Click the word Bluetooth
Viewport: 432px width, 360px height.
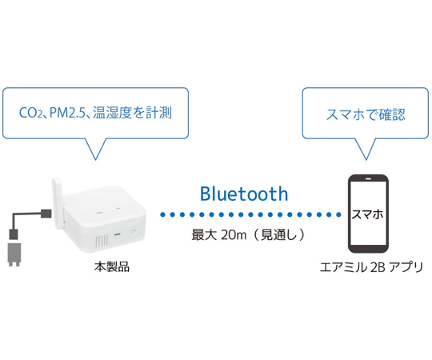click(x=244, y=194)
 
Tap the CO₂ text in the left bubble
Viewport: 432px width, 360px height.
click(x=30, y=113)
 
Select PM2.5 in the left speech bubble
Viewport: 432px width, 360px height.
click(x=68, y=113)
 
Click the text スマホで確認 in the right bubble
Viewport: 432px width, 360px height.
click(x=366, y=114)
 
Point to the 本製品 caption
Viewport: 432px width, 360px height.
click(x=111, y=267)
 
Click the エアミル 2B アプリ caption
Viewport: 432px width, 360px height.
click(x=371, y=267)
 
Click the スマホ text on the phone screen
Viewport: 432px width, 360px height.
click(x=367, y=214)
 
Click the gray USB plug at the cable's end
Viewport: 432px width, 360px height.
click(x=14, y=254)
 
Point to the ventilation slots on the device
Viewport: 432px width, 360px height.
click(x=102, y=242)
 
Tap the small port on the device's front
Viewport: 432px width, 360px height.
click(x=118, y=234)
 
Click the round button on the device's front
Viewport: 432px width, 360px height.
click(x=134, y=232)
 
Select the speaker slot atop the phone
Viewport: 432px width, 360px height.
click(x=368, y=178)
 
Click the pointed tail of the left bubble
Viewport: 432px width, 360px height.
click(x=95, y=160)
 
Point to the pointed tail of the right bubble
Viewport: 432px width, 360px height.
click(x=366, y=160)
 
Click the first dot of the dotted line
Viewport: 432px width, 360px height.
click(x=162, y=214)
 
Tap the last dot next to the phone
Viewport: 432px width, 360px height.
click(x=338, y=214)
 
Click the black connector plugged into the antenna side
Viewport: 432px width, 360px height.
click(x=46, y=214)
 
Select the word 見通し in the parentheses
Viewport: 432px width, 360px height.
click(x=278, y=235)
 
